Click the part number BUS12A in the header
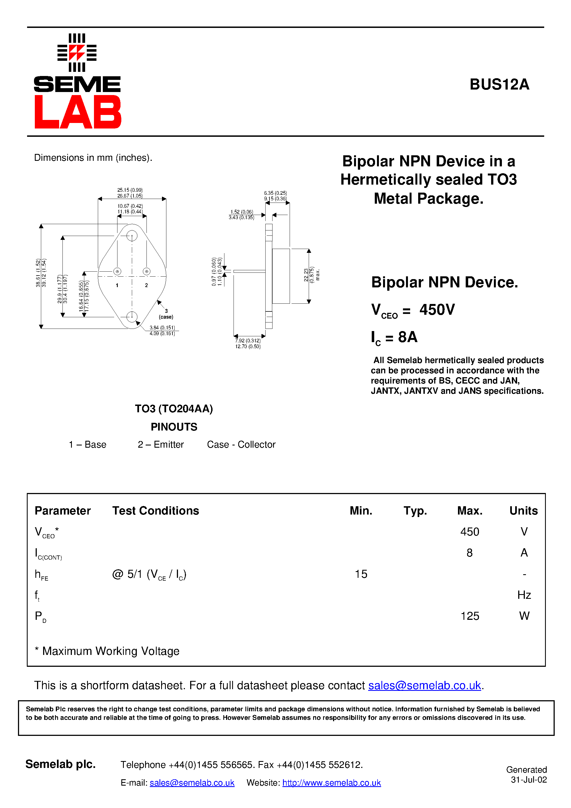(x=499, y=85)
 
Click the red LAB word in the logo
(x=78, y=112)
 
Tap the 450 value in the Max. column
(x=470, y=531)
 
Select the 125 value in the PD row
(x=470, y=616)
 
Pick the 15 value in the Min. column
(x=361, y=574)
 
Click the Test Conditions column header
(x=156, y=511)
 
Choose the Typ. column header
(x=415, y=511)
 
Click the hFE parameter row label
(x=41, y=575)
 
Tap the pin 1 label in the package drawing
(x=117, y=285)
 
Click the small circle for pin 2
(x=146, y=271)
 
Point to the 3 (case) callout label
(x=166, y=314)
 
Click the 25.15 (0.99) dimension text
(x=130, y=190)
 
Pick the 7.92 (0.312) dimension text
(x=248, y=341)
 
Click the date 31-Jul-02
(x=529, y=780)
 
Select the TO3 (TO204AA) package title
(x=174, y=409)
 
